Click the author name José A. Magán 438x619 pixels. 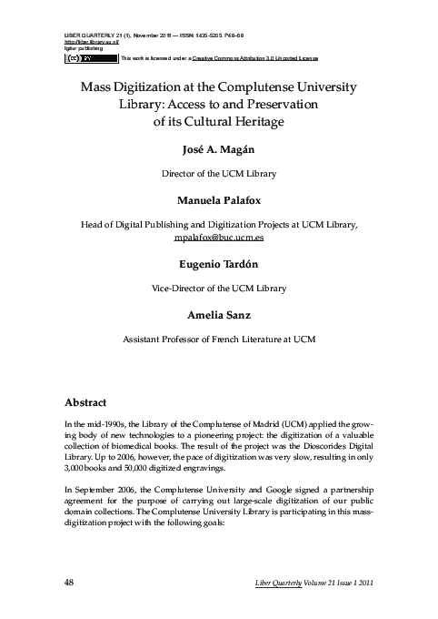click(219, 149)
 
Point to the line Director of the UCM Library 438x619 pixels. click(219, 172)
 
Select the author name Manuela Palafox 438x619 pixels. click(219, 197)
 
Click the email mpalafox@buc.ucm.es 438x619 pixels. click(219, 236)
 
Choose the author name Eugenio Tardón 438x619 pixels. click(219, 264)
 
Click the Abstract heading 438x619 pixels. click(86, 401)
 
